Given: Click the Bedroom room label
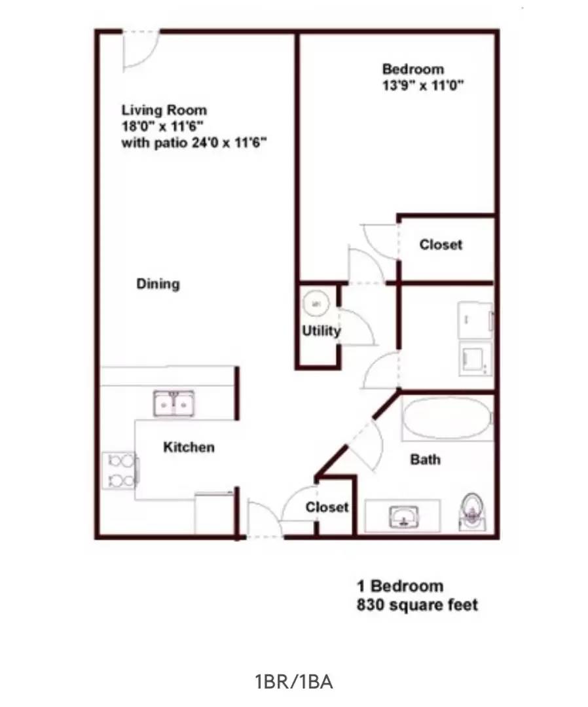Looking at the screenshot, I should coord(413,69).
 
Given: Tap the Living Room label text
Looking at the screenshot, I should coord(164,110).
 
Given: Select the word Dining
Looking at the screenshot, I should coord(158,284).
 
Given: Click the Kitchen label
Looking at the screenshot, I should coord(189,447).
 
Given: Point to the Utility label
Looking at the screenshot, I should coord(321,331).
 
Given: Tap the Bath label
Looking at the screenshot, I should coord(425,460).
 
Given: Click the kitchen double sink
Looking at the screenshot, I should coord(174,403).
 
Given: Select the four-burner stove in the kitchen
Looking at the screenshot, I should coord(119,470).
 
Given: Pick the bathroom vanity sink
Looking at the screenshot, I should coord(402,516).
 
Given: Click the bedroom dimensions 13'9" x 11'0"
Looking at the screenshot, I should coord(423,85).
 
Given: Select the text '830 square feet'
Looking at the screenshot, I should coord(417,604).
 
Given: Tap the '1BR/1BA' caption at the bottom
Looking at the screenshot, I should coord(294,681).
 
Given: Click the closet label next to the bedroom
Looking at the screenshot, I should coord(441,244).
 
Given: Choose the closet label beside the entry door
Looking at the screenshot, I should coord(327,507).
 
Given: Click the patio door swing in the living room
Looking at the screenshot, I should coord(140,50).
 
